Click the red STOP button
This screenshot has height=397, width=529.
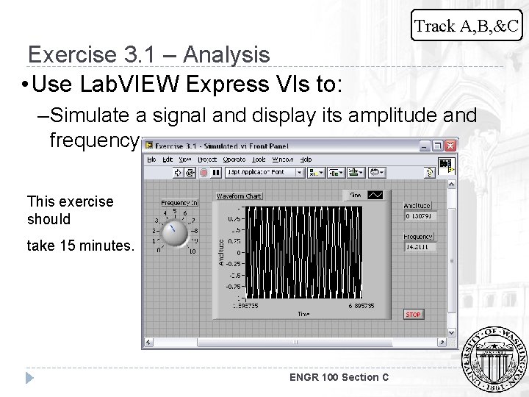(x=414, y=315)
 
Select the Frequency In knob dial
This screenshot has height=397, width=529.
(x=175, y=233)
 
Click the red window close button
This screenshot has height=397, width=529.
(x=450, y=146)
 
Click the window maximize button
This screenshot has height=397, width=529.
(x=438, y=146)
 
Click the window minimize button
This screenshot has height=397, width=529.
(x=425, y=146)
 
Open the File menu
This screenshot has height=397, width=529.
(x=151, y=159)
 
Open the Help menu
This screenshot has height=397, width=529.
(x=306, y=159)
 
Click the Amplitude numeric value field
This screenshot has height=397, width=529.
(x=420, y=216)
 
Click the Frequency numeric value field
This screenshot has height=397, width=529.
(x=420, y=247)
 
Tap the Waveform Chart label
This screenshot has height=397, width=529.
(x=239, y=196)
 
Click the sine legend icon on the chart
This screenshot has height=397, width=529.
(x=375, y=195)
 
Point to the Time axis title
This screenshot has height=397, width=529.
(x=303, y=314)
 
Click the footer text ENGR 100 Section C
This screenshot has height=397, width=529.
(x=339, y=377)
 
